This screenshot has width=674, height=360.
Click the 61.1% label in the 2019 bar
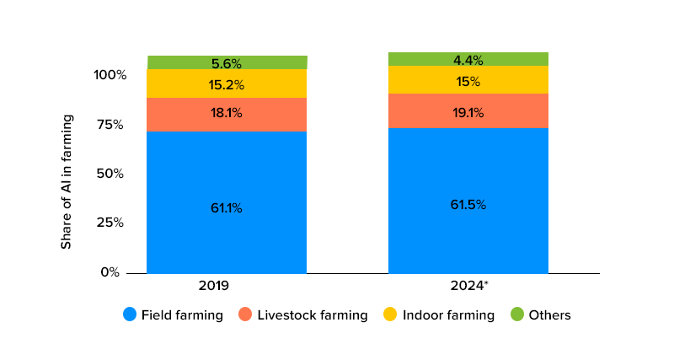(x=227, y=207)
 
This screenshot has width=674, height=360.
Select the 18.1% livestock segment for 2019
(x=227, y=113)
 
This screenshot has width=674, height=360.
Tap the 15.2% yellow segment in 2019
(x=227, y=84)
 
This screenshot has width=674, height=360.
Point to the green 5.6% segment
(x=227, y=63)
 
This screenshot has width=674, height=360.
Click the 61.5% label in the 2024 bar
(x=468, y=204)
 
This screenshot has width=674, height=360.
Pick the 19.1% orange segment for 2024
(x=468, y=111)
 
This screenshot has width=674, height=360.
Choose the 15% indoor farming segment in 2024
(x=468, y=81)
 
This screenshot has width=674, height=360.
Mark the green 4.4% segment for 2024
(x=468, y=60)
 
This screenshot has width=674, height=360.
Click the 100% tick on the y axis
(x=110, y=75)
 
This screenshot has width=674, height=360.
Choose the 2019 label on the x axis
(x=214, y=286)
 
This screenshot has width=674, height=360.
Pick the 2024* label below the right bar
(x=468, y=286)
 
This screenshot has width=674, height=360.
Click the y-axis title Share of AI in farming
(x=67, y=181)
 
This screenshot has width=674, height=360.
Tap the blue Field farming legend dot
(x=130, y=314)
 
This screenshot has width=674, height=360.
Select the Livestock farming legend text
(x=313, y=315)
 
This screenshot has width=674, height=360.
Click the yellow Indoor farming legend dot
(x=390, y=314)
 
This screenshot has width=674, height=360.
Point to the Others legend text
(x=549, y=315)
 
